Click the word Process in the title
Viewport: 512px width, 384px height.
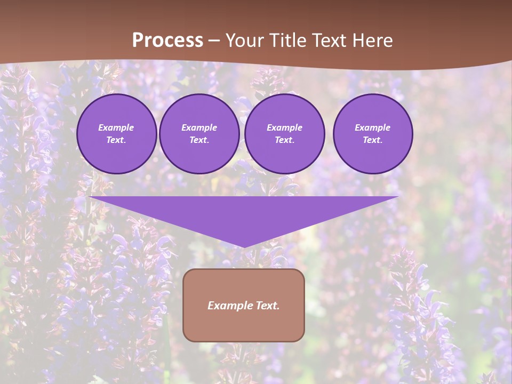click(x=167, y=41)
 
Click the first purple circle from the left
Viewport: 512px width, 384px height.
click(x=117, y=134)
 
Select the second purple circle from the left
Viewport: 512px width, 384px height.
click(x=199, y=134)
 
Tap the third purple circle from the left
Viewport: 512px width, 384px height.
click(x=285, y=134)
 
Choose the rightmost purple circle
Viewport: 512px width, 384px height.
click(x=373, y=134)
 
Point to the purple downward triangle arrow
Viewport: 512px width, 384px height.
click(x=244, y=216)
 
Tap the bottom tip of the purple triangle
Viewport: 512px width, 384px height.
click(x=244, y=246)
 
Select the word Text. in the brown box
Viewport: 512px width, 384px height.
click(x=267, y=306)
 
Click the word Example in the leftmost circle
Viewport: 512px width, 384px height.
click(x=116, y=127)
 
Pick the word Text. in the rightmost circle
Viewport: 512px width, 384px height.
click(x=373, y=140)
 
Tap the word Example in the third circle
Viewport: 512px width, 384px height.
click(x=285, y=127)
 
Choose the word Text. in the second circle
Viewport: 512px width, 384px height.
click(x=199, y=140)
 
